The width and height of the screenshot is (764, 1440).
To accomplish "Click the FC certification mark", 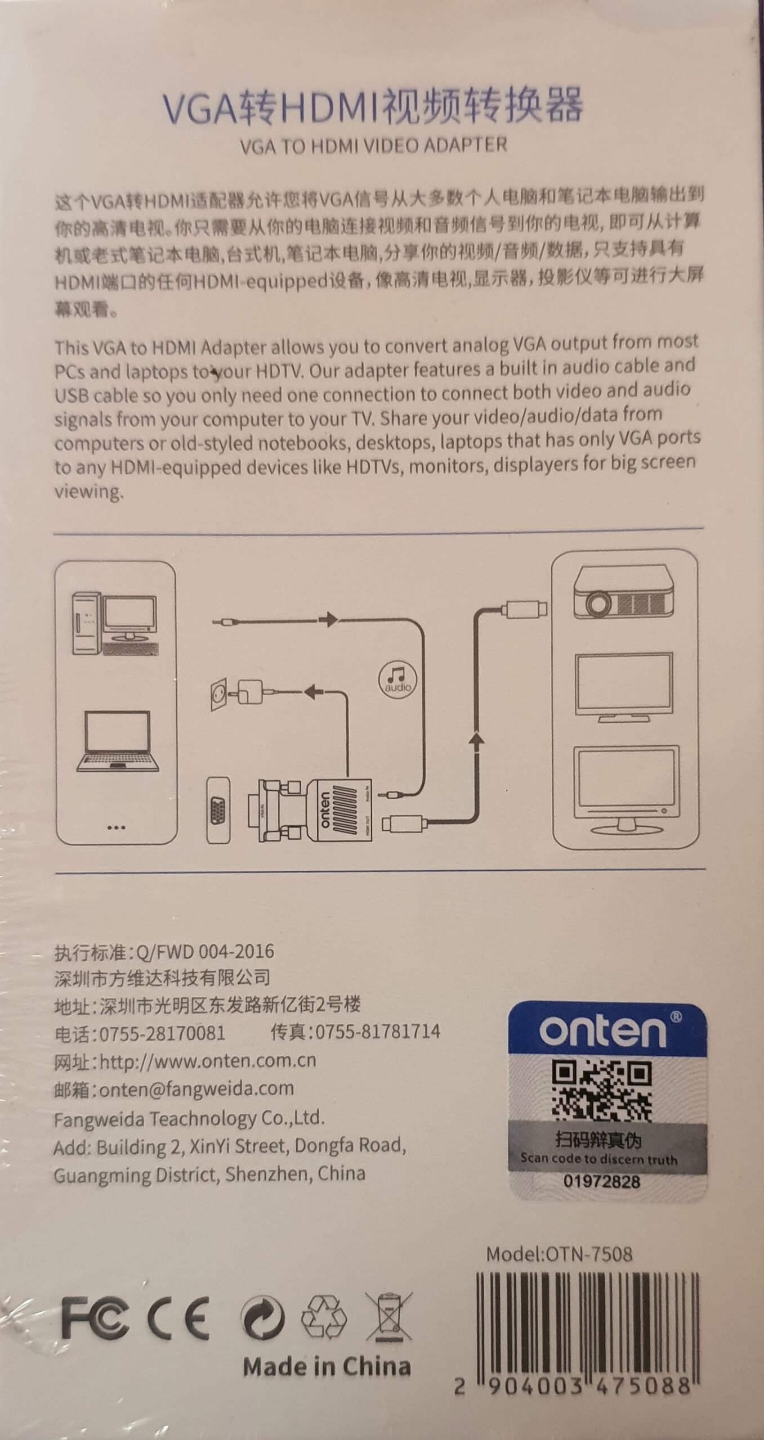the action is coord(95,1318).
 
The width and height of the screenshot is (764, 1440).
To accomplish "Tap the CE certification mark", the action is coord(178,1318).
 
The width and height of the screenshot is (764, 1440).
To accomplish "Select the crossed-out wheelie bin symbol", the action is coord(389,1316).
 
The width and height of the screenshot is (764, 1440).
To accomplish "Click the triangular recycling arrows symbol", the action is coord(324,1316).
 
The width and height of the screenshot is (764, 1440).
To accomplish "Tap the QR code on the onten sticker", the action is coord(602,1090).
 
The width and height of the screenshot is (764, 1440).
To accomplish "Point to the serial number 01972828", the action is coord(602,1181).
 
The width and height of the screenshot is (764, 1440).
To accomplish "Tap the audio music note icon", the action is coord(397,679).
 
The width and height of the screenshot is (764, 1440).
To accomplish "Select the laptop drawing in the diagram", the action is coord(117,741).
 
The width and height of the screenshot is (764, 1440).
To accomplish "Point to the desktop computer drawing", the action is coord(115,623).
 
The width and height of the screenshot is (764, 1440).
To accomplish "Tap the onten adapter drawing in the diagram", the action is coord(311,809).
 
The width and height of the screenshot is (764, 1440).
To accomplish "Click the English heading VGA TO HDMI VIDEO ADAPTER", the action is coord(373,146).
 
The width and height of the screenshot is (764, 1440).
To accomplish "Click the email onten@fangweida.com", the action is coord(196,1088).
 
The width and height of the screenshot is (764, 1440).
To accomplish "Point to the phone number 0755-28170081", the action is coord(162,1033).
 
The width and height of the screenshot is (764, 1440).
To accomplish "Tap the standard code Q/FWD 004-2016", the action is coord(205,951).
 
